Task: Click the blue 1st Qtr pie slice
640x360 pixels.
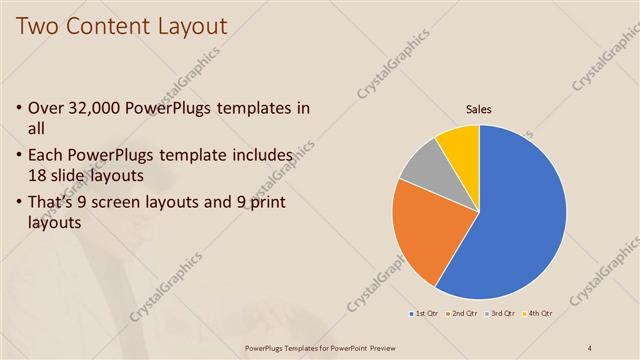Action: tap(515, 220)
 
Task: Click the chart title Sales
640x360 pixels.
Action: tap(479, 110)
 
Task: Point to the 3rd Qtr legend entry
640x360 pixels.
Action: tap(501, 314)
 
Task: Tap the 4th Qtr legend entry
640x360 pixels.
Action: tap(539, 314)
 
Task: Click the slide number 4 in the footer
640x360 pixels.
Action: tap(591, 347)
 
